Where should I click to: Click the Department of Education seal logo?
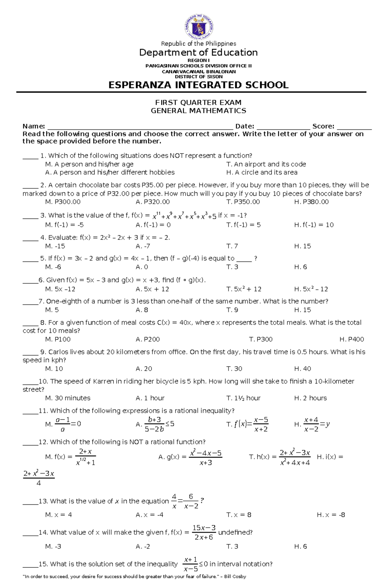(199, 27)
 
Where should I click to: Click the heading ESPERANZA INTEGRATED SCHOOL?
(198, 85)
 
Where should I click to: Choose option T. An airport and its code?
(266, 164)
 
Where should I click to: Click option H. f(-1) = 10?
(314, 225)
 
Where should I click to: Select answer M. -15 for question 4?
(55, 246)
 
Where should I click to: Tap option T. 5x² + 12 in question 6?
(244, 289)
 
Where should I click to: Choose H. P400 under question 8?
(351, 339)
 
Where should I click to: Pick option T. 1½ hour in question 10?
(243, 398)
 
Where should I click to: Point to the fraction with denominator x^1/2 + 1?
(85, 457)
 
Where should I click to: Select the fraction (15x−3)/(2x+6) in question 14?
(204, 532)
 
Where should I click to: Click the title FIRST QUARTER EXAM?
(198, 103)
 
